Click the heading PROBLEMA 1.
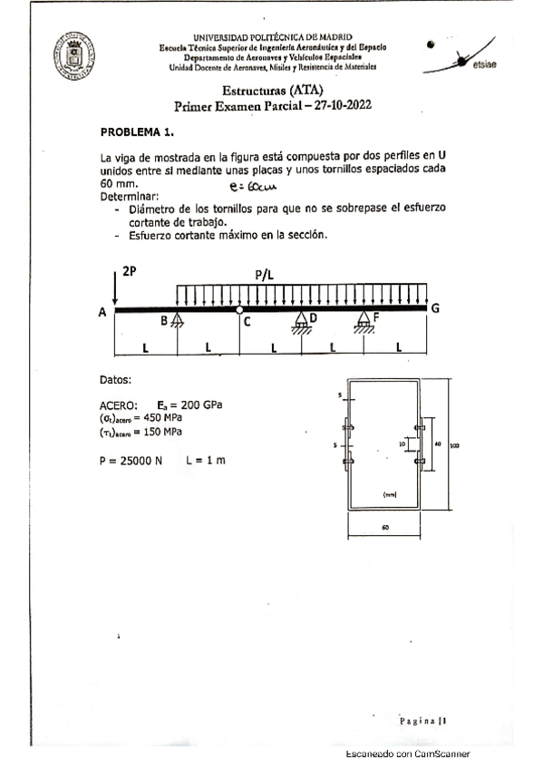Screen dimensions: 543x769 pos(136,131)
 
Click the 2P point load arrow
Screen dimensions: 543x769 pos(115,289)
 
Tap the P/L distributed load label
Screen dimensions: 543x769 pos(268,274)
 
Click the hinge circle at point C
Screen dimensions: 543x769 pos(240,310)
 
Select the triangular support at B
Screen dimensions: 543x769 pos(178,320)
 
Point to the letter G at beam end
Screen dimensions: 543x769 pos(435,308)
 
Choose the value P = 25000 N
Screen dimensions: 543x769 pos(131,461)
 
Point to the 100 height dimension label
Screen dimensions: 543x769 pos(454,445)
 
